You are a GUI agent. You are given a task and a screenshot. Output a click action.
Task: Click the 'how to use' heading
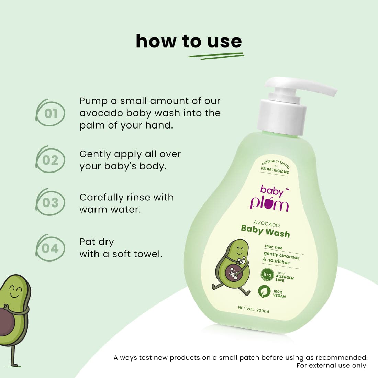[x=189, y=42]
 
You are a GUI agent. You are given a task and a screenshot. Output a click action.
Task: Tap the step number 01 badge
[x=51, y=113]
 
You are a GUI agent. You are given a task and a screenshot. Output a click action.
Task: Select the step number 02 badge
[x=51, y=160]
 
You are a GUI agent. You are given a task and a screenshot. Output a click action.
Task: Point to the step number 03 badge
[x=51, y=203]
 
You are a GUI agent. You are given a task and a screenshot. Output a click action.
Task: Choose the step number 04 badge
[x=51, y=248]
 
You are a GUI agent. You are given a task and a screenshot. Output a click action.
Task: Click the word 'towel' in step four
[x=148, y=254]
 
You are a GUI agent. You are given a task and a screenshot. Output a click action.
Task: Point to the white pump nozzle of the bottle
[x=302, y=86]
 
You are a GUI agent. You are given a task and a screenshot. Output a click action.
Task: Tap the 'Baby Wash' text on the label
[x=265, y=231]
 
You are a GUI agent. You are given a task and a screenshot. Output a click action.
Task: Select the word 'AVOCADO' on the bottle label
[x=267, y=224]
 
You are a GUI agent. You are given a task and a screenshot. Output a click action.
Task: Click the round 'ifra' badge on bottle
[x=267, y=275]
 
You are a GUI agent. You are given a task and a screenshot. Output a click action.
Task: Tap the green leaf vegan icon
[x=264, y=291]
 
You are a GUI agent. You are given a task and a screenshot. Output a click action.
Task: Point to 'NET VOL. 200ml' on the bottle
[x=254, y=309]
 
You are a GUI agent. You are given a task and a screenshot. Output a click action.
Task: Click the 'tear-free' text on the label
[x=274, y=247]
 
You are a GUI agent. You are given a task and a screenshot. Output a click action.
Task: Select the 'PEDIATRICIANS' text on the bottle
[x=275, y=170]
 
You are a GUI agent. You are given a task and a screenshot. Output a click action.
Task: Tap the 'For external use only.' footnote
[x=332, y=366]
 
